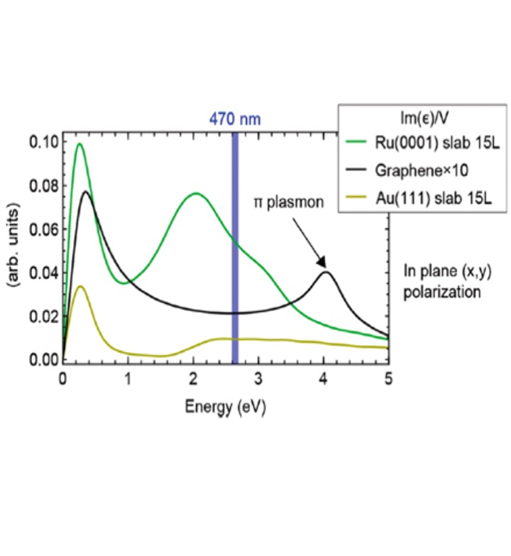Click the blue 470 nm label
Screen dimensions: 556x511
click(x=234, y=118)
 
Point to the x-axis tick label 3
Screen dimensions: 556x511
click(x=258, y=376)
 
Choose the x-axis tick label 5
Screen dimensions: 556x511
click(x=388, y=376)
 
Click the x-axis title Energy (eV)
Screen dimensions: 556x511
click(x=226, y=406)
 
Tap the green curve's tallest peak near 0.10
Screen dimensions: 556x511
click(x=79, y=144)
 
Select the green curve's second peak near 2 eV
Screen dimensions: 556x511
click(x=194, y=193)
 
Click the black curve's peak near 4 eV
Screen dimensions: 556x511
click(x=326, y=272)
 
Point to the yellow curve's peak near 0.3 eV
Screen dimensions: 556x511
click(x=81, y=286)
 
